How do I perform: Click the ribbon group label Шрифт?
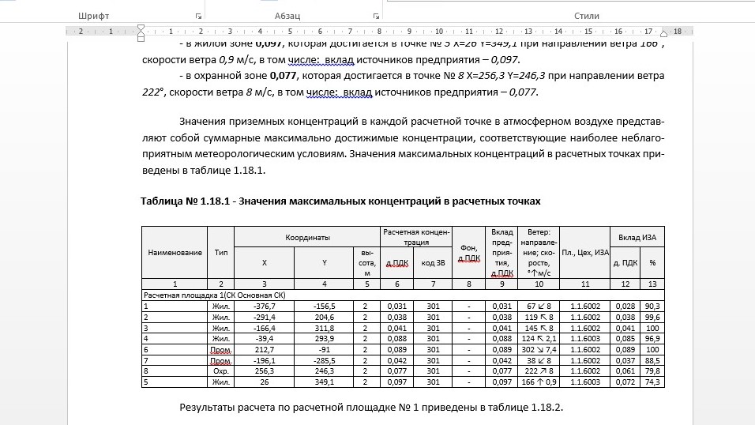[94, 16]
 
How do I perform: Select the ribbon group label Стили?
[587, 16]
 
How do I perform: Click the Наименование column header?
[175, 252]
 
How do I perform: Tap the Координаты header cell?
[307, 237]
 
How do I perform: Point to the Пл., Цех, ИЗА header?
[585, 252]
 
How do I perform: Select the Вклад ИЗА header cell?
[637, 237]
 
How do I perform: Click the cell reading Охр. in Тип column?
[221, 370]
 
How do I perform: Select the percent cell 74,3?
[652, 382]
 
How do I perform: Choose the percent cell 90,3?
[652, 306]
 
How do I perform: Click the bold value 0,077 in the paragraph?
[285, 76]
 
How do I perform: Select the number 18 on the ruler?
[677, 32]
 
